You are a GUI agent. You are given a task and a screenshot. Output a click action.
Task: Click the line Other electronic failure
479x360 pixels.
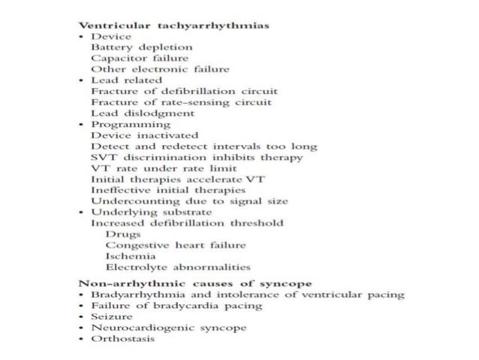[149, 69]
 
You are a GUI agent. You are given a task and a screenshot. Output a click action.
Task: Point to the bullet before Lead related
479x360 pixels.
[83, 80]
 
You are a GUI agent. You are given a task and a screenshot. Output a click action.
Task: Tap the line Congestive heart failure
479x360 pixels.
[165, 245]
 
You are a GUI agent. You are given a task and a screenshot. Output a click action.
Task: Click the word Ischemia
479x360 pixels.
[127, 256]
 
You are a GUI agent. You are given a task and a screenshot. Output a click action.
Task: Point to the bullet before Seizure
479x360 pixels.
[83, 317]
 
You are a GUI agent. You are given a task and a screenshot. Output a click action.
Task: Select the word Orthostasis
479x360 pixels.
[122, 339]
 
